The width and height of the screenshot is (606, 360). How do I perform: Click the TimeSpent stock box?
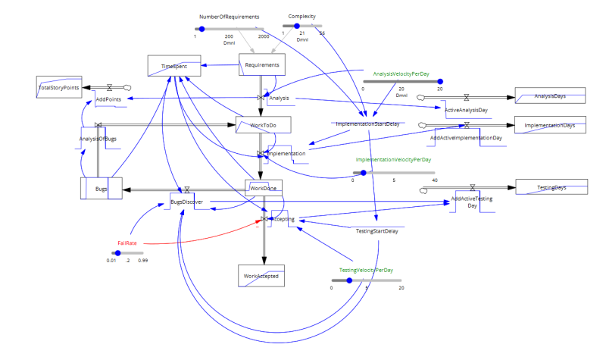click(x=173, y=66)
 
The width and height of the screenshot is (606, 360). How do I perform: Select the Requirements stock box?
click(x=262, y=65)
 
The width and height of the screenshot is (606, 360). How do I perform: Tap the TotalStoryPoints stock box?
click(x=59, y=87)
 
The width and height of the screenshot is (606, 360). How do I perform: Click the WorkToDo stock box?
click(x=263, y=125)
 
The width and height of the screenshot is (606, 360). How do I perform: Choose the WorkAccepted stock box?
click(x=261, y=276)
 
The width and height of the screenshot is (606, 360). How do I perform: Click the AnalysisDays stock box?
click(x=551, y=95)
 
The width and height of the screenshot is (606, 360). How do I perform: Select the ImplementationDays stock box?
click(x=551, y=125)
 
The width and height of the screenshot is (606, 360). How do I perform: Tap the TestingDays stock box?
click(x=551, y=187)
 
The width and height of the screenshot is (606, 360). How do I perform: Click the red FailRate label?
click(x=127, y=243)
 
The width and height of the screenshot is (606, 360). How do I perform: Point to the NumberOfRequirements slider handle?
click(x=201, y=29)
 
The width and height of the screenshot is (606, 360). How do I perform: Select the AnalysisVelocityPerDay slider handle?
click(x=439, y=81)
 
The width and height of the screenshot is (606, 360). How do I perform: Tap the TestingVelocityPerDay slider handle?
click(x=348, y=280)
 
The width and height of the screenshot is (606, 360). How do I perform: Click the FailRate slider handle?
click(x=117, y=253)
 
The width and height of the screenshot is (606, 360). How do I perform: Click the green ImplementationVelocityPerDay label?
click(x=393, y=160)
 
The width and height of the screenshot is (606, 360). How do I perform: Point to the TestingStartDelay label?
click(x=376, y=231)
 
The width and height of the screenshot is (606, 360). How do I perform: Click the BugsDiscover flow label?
click(x=186, y=202)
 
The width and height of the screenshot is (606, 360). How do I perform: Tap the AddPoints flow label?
click(x=108, y=99)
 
